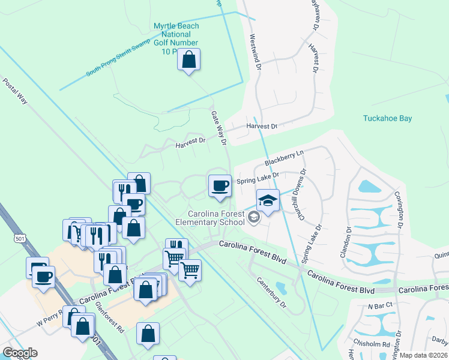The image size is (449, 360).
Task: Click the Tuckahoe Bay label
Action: point(387,118)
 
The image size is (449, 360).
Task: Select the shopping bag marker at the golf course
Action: point(189,60)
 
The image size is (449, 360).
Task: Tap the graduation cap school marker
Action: point(268,200)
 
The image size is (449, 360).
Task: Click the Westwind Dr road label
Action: point(255,54)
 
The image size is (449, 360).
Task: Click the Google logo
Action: point(20,353)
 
